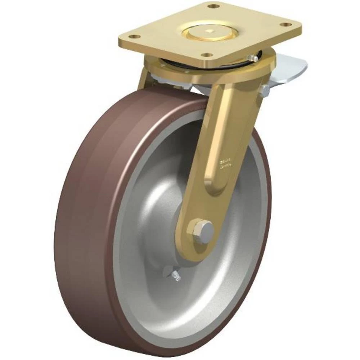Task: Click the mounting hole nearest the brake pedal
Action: (285, 25)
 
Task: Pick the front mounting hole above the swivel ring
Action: (206, 55)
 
